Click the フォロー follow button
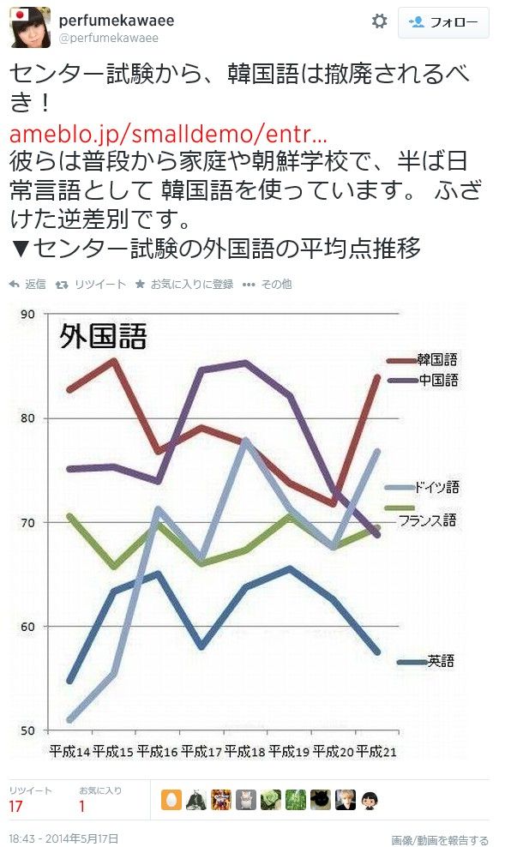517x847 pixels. tap(443, 23)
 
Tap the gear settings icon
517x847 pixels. tap(379, 21)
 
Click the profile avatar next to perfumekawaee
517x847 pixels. tap(30, 27)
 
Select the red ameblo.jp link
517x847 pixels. tap(168, 135)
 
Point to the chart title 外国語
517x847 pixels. tap(102, 336)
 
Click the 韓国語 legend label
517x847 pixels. tap(437, 360)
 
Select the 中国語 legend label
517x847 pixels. tap(437, 380)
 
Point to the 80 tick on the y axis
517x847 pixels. tap(27, 418)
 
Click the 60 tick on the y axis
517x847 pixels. tap(27, 627)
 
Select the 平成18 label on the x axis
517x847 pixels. tap(245, 751)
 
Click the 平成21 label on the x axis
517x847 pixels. tap(377, 751)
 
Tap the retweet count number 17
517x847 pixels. tap(15, 807)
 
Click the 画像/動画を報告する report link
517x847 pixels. tap(440, 840)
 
